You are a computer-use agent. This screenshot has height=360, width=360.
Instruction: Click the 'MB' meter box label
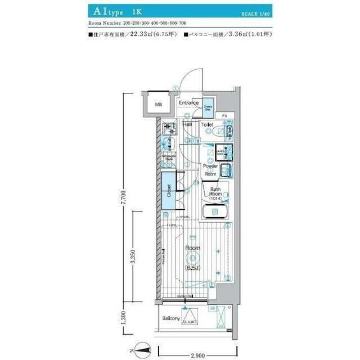(159, 105)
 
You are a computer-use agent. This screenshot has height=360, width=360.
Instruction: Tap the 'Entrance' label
(189, 103)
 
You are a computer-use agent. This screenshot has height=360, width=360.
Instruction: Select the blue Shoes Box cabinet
(208, 106)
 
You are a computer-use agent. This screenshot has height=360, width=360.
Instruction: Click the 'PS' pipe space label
(224, 116)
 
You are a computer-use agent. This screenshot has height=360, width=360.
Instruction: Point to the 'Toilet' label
(206, 124)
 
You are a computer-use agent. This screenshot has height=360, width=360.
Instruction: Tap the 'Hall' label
(187, 124)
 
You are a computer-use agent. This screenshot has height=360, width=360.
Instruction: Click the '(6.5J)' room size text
(194, 268)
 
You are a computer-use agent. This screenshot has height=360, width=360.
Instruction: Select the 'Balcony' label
(171, 318)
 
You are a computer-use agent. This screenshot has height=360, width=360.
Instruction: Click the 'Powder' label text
(211, 166)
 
